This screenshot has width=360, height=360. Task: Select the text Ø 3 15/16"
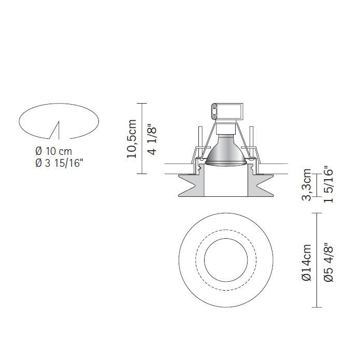59,163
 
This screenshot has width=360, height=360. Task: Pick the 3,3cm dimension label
307,184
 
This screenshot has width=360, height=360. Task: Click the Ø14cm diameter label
306,263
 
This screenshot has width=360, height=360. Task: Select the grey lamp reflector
226,154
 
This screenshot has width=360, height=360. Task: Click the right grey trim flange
263,185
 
